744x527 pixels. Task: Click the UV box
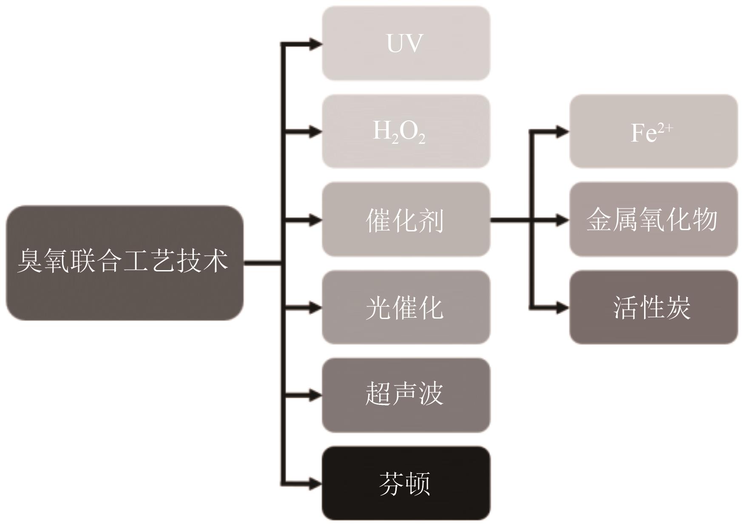406,43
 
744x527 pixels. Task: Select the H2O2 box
406,131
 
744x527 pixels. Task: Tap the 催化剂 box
406,219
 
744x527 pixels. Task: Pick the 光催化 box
406,307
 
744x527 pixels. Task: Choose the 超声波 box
406,395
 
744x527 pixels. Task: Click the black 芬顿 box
406,483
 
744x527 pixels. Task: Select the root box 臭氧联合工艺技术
125,262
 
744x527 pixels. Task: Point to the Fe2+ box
653,131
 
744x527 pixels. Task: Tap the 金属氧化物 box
653,219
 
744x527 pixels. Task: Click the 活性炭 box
653,307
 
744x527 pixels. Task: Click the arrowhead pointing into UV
315,43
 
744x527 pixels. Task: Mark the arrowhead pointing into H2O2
315,131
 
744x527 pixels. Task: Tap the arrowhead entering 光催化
315,308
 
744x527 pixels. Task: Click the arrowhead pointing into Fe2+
562,131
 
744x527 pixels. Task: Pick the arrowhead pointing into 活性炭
562,307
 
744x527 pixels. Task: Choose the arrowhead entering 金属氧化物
562,220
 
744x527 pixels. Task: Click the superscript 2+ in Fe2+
665,127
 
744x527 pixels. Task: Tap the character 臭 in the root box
30,261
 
